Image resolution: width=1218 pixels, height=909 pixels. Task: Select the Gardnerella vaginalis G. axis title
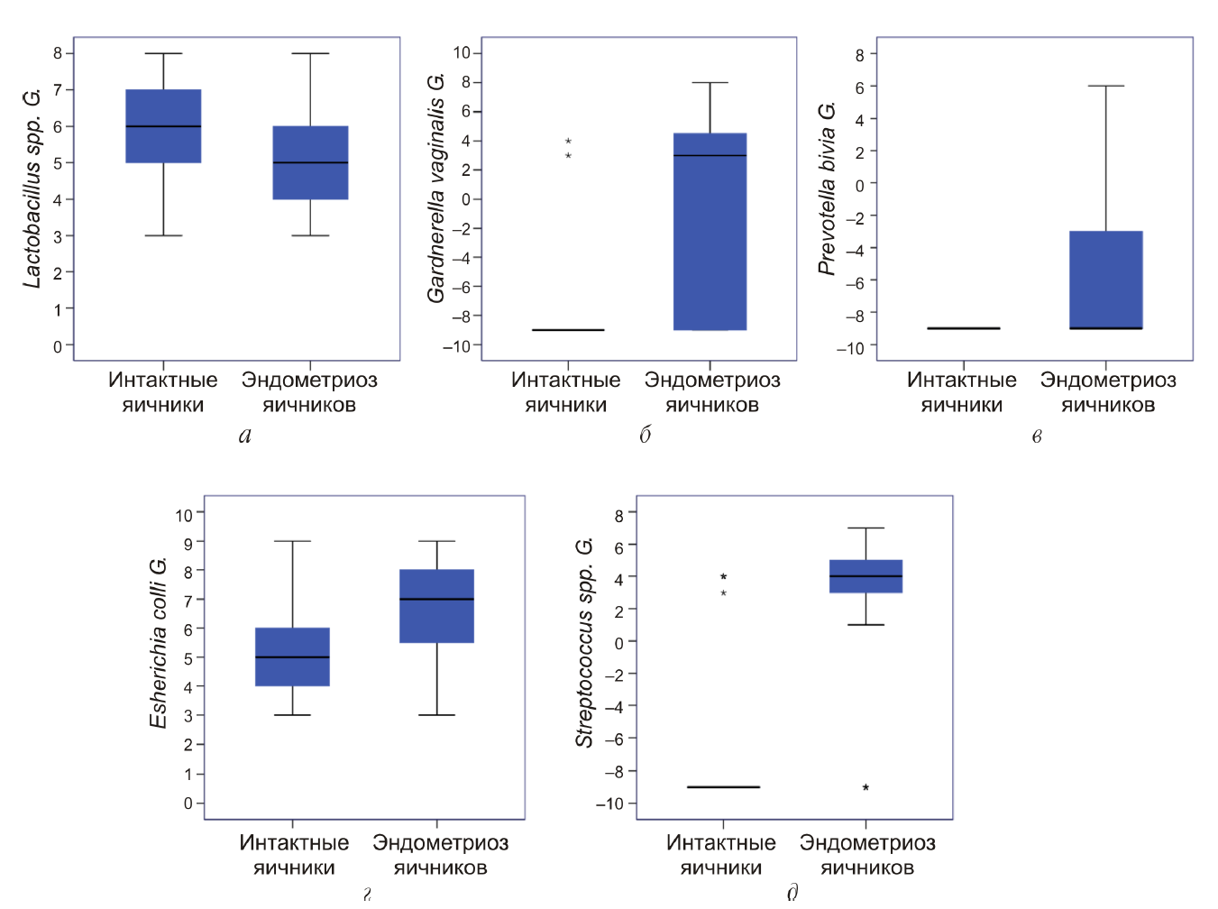pyautogui.click(x=435, y=188)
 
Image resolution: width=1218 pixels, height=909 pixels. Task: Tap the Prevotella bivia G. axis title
pyautogui.click(x=827, y=188)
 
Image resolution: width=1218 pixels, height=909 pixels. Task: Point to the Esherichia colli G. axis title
pyautogui.click(x=158, y=643)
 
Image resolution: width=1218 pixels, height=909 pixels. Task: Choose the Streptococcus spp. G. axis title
pyautogui.click(x=584, y=643)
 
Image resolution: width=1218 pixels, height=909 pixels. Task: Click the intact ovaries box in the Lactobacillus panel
pyautogui.click(x=163, y=126)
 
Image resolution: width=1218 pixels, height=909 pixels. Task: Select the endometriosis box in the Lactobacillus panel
pyautogui.click(x=310, y=162)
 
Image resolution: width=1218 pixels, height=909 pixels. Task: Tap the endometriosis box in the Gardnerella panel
pyautogui.click(x=710, y=232)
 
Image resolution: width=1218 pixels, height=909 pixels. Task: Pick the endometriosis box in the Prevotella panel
pyautogui.click(x=1106, y=280)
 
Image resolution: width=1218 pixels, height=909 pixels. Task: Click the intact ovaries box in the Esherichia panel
pyautogui.click(x=292, y=656)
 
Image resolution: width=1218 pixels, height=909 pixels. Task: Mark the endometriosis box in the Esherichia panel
pyautogui.click(x=437, y=606)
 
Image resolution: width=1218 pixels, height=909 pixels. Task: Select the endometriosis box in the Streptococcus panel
pyautogui.click(x=865, y=576)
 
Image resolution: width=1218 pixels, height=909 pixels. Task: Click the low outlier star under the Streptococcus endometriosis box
pyautogui.click(x=865, y=788)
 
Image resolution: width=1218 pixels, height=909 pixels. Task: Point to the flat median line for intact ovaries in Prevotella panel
pyautogui.click(x=964, y=328)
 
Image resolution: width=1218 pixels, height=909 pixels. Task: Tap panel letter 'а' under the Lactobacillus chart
pyautogui.click(x=245, y=436)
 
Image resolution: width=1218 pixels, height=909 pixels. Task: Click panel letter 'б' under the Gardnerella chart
pyautogui.click(x=645, y=436)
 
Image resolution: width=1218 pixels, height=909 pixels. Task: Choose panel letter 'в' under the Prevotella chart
pyautogui.click(x=1037, y=436)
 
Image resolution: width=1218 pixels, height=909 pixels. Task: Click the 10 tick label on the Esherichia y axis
pyautogui.click(x=184, y=515)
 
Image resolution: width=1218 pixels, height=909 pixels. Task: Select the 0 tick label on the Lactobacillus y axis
pyautogui.click(x=58, y=346)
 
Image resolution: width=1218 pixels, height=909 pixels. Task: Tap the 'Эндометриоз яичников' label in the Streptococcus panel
pyautogui.click(x=867, y=855)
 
